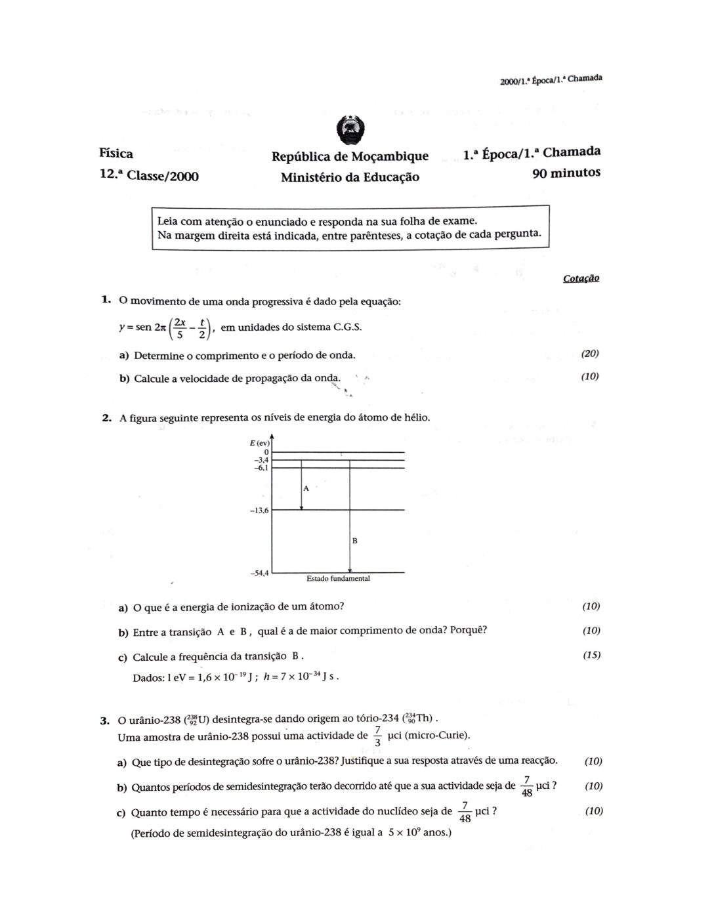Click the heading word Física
pyautogui.click(x=116, y=154)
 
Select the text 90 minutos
pyautogui.click(x=566, y=173)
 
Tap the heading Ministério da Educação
pyautogui.click(x=349, y=177)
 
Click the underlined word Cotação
pyautogui.click(x=581, y=278)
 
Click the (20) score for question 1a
pyautogui.click(x=590, y=354)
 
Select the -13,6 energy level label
pyautogui.click(x=260, y=511)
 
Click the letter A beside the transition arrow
pyautogui.click(x=306, y=488)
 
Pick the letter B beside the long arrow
pyautogui.click(x=354, y=541)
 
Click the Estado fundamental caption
pyautogui.click(x=338, y=579)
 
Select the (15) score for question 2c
pyautogui.click(x=591, y=655)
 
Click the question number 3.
pyautogui.click(x=104, y=721)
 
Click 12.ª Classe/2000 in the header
pyautogui.click(x=149, y=176)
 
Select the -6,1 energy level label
pyautogui.click(x=261, y=467)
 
